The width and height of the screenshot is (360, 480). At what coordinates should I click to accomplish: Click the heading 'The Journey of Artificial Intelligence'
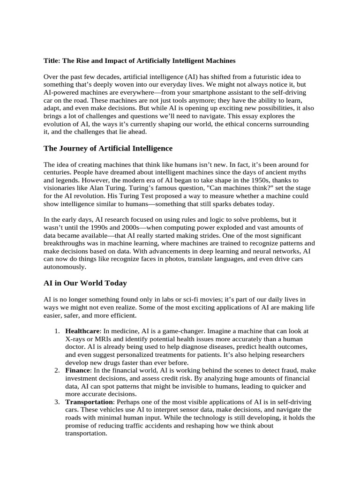coord(108,149)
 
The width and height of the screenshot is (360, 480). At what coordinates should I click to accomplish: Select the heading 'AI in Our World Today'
coord(85,283)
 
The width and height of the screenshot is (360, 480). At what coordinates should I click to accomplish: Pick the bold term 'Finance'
coord(77,370)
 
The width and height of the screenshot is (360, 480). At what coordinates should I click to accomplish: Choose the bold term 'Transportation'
coord(89,402)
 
